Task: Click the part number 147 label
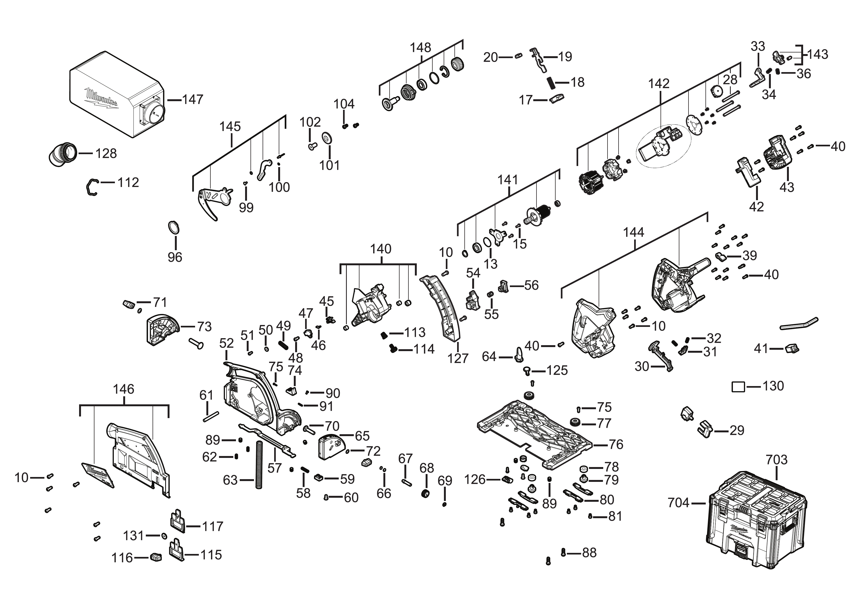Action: [193, 100]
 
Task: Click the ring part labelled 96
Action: [173, 228]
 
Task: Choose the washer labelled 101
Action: [327, 138]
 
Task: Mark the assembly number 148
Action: [421, 48]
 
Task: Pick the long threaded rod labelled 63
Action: [259, 464]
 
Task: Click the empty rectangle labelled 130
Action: [738, 387]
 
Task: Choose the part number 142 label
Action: [659, 84]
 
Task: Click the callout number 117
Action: [213, 526]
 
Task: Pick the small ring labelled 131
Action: [164, 536]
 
